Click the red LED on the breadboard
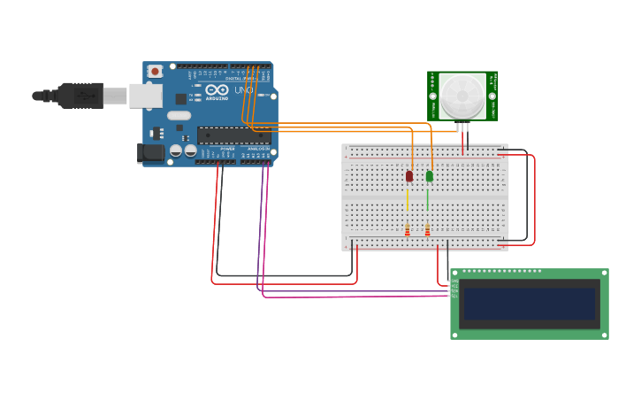click(x=409, y=176)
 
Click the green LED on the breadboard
click(x=430, y=176)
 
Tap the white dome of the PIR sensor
click(x=462, y=95)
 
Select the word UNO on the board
click(x=244, y=90)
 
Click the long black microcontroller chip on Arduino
click(x=233, y=135)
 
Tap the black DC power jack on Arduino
click(x=152, y=153)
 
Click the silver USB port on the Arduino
click(x=146, y=96)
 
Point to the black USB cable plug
click(x=81, y=95)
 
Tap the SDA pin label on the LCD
click(x=454, y=290)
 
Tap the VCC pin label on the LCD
click(x=454, y=286)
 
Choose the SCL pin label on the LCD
click(x=454, y=296)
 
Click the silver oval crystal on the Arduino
click(x=179, y=115)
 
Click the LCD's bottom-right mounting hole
click(x=604, y=335)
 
